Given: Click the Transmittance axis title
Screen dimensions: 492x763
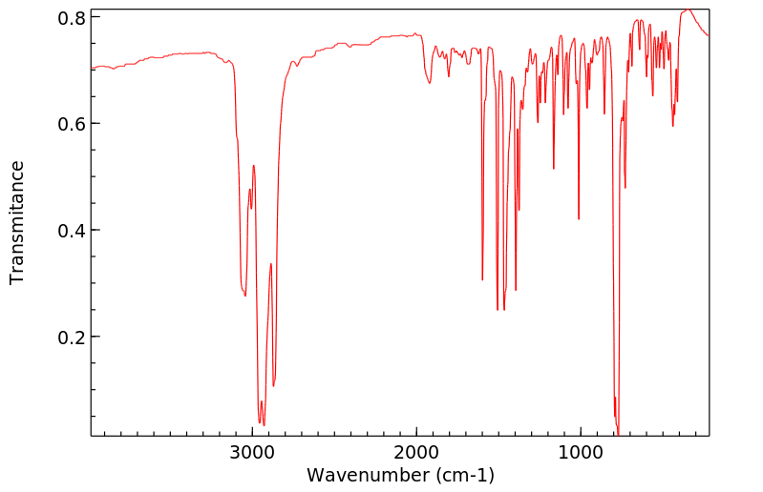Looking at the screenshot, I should click(17, 222).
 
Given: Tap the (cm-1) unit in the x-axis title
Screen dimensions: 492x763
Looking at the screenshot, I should click(463, 474).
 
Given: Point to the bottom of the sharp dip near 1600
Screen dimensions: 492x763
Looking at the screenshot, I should click(482, 279).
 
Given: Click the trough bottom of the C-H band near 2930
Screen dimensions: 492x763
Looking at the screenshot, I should click(264, 425).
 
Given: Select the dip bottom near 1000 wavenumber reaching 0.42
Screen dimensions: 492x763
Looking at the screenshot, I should click(579, 219).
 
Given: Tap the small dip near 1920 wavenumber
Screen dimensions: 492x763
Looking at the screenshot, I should click(430, 83).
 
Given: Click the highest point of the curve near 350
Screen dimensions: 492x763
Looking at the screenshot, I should click(687, 10).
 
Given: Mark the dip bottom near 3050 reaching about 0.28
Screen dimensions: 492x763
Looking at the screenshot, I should click(245, 296).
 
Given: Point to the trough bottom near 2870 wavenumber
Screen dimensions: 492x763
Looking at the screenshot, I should click(274, 386).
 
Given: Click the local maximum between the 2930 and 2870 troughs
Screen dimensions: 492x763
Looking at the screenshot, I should click(271, 264).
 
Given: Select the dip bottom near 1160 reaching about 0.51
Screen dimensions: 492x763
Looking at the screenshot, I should click(554, 169).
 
